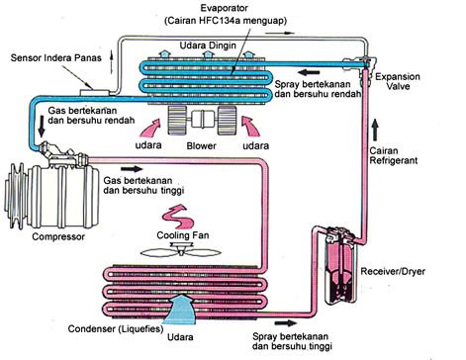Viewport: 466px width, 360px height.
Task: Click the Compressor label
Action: pos(58,236)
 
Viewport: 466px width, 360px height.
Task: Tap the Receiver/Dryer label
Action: pos(393,272)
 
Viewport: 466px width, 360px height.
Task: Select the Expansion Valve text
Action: pos(398,81)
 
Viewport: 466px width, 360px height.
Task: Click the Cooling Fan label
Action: pos(183,235)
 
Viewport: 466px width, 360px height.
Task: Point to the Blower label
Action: pos(201,145)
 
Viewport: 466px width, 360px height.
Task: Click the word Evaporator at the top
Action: pos(226,8)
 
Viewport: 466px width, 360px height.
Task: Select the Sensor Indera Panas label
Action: pos(56,58)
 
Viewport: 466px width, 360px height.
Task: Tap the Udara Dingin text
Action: pos(208,45)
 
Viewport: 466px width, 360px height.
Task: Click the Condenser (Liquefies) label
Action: pos(116,328)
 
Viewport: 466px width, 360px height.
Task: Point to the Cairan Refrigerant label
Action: pos(393,155)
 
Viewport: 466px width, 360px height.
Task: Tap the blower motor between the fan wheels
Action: pos(203,121)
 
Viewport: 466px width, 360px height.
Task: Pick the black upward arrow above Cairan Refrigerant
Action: pos(374,130)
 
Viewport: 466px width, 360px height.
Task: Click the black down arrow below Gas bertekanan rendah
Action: pos(42,126)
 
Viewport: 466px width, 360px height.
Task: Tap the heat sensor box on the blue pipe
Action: pos(94,92)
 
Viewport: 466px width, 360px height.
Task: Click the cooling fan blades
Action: pos(181,251)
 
